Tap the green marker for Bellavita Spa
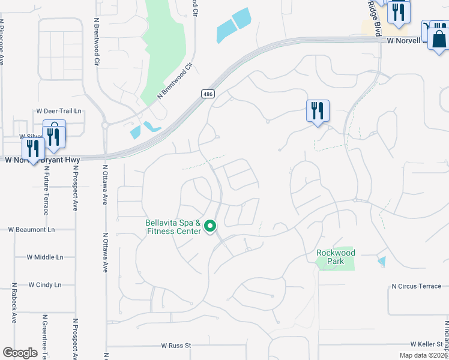[210, 226]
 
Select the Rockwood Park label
[336, 257]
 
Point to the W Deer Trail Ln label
[59, 111]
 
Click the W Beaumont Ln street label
[31, 230]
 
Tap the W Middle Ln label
[45, 257]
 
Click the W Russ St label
[175, 346]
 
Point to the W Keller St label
[426, 344]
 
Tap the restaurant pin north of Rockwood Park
[318, 111]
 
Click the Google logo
[20, 353]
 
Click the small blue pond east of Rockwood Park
[382, 262]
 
